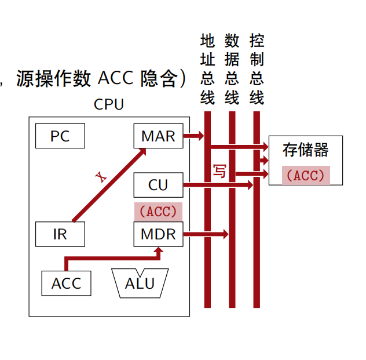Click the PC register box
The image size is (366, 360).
click(x=60, y=136)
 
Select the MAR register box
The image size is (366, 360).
click(x=158, y=136)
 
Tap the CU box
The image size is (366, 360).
click(x=158, y=185)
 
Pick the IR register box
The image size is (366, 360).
click(x=60, y=234)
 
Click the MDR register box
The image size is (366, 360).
click(x=158, y=234)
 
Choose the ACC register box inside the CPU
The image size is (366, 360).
click(x=66, y=283)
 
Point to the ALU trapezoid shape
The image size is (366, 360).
click(x=140, y=283)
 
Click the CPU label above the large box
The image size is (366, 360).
click(x=108, y=104)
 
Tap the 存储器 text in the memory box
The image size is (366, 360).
click(x=305, y=150)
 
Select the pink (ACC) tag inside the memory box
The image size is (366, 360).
click(x=306, y=176)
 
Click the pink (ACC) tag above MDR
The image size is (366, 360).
click(x=158, y=212)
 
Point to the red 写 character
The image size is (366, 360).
click(x=219, y=171)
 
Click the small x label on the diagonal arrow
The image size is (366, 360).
click(x=103, y=177)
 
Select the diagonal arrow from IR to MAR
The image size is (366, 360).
click(x=110, y=184)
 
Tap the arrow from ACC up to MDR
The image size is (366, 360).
click(x=110, y=258)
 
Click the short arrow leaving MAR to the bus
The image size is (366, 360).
click(x=193, y=136)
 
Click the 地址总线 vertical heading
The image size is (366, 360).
click(x=207, y=69)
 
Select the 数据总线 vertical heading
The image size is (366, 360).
click(x=232, y=69)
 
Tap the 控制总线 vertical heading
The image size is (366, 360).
click(x=257, y=69)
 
